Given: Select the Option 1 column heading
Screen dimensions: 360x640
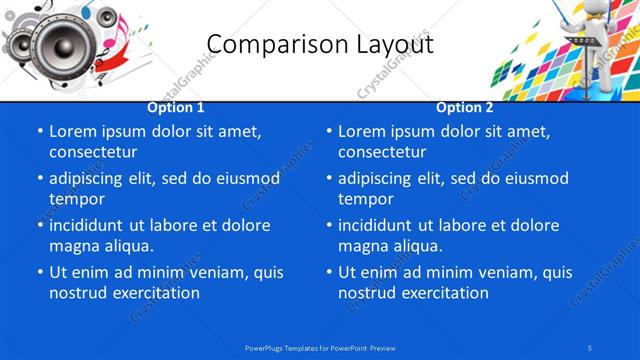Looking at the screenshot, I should tap(176, 107).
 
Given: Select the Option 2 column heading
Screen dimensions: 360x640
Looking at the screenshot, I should tap(465, 107).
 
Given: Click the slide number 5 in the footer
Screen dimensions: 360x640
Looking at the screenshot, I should tap(591, 347).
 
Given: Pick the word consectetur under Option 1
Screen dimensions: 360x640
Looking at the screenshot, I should tap(93, 152).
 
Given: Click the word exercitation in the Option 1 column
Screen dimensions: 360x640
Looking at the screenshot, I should tap(155, 293).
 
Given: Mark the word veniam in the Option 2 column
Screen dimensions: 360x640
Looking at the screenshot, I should tap(478, 272).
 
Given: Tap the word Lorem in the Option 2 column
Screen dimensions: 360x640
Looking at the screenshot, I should tap(361, 131).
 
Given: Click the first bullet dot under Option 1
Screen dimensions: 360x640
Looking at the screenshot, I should tap(40, 132).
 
